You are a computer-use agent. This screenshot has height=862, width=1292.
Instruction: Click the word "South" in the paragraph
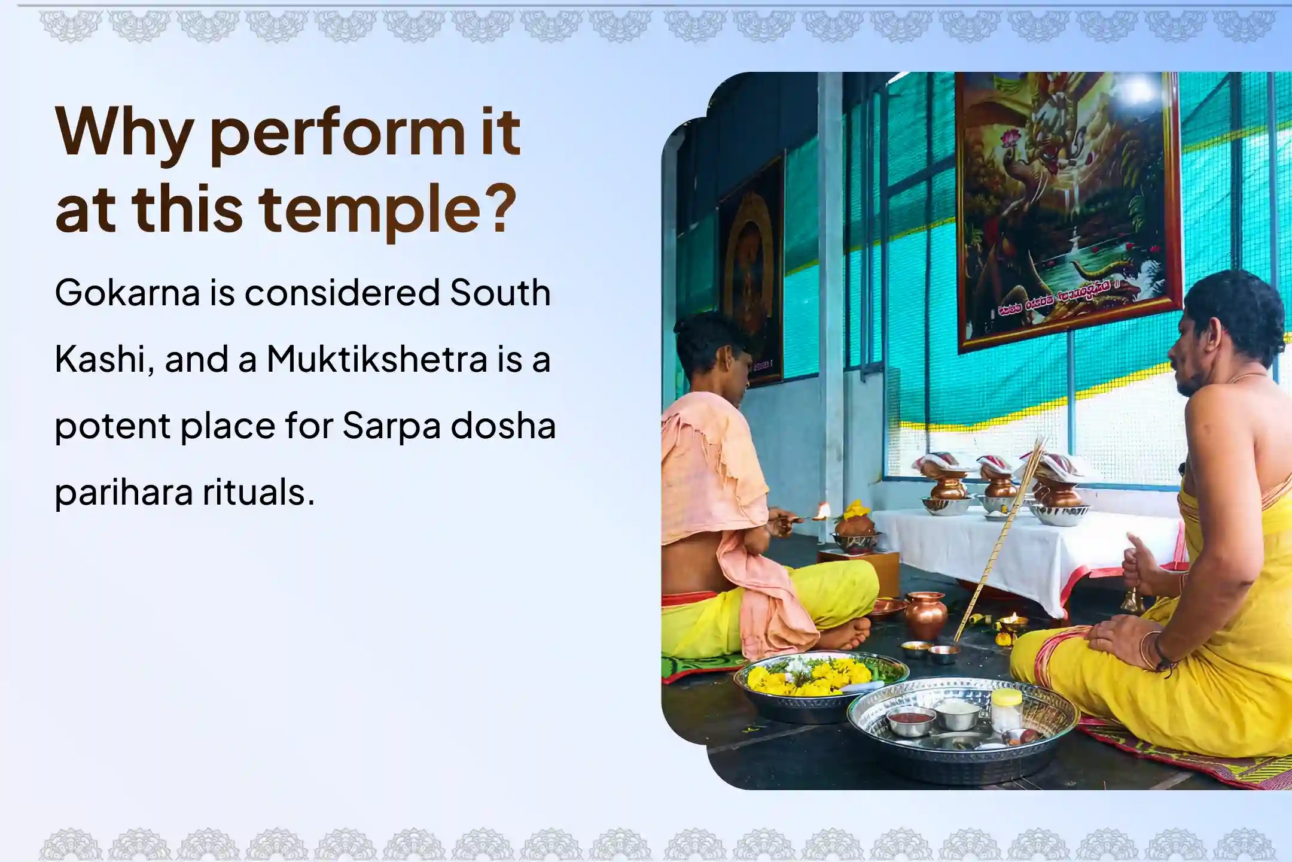[500, 293]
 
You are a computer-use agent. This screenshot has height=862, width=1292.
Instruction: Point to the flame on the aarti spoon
[823, 511]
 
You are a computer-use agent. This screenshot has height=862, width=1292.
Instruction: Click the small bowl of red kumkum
[910, 719]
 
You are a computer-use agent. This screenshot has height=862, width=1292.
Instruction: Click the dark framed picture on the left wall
[751, 272]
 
